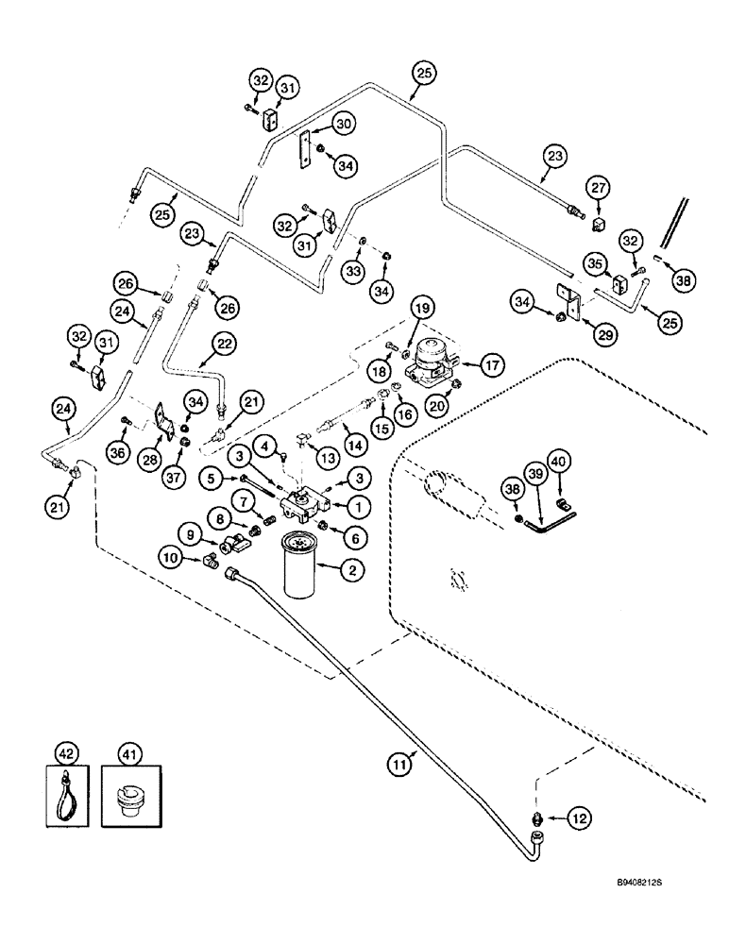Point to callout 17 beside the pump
[493, 362]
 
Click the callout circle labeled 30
[317, 125]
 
